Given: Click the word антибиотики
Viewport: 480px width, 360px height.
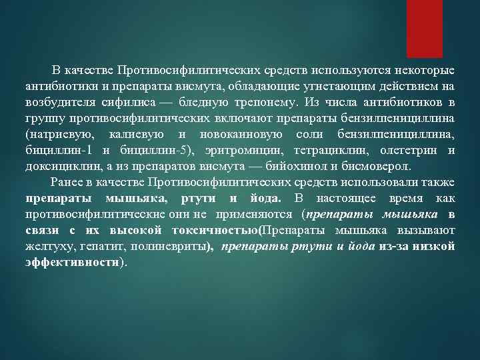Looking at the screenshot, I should (56, 86).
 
